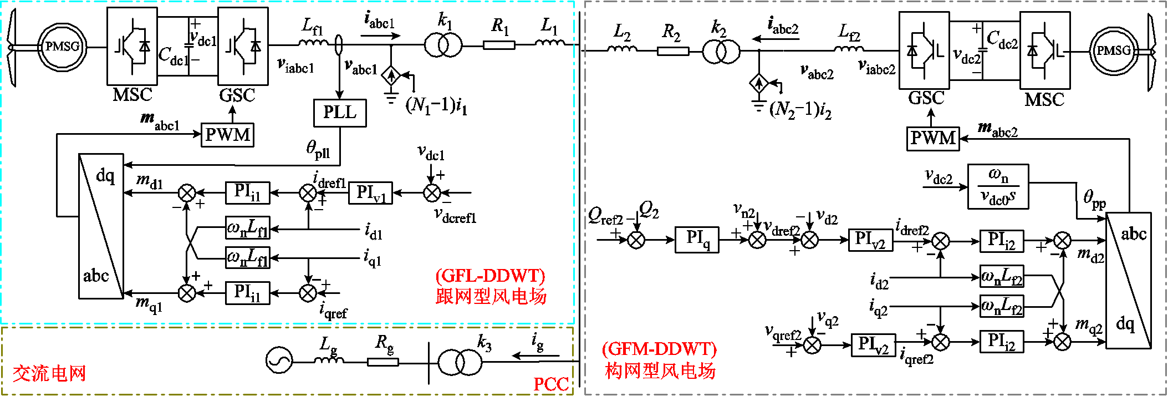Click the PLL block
pyautogui.click(x=340, y=113)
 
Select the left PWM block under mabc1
pyautogui.click(x=227, y=135)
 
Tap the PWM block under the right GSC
pyautogui.click(x=934, y=138)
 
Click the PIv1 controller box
pyautogui.click(x=370, y=193)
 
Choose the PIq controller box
pyautogui.click(x=697, y=240)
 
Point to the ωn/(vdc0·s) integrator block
pyautogui.click(x=998, y=186)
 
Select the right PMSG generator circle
pyautogui.click(x=1113, y=51)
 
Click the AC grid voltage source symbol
pyautogui.click(x=279, y=361)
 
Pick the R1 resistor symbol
pyautogui.click(x=499, y=45)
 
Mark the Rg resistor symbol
pyautogui.click(x=382, y=362)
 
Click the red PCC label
pyautogui.click(x=550, y=384)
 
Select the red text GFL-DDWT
pyautogui.click(x=491, y=276)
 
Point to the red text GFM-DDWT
pyautogui.click(x=660, y=349)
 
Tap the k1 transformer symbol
pyautogui.click(x=443, y=44)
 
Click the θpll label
pyautogui.click(x=318, y=149)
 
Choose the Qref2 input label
pyautogui.click(x=605, y=215)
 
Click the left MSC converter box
pyautogui.click(x=132, y=46)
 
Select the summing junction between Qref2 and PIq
pyautogui.click(x=636, y=240)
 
